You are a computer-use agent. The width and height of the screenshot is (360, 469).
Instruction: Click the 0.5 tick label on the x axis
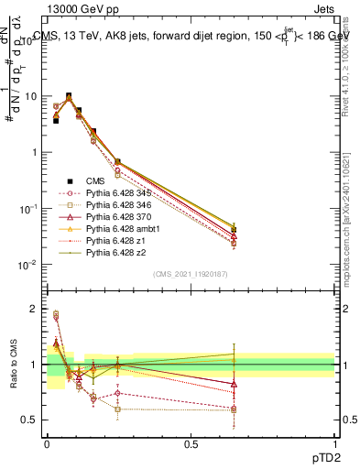click(x=191, y=444)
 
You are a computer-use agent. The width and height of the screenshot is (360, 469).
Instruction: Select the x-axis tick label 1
click(x=334, y=444)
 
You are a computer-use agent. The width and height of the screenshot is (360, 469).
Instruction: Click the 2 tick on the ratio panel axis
click(x=36, y=309)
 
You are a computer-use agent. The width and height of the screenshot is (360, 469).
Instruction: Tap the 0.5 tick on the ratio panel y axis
click(x=32, y=420)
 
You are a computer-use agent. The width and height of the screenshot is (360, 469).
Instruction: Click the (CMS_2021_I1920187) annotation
click(x=191, y=273)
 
